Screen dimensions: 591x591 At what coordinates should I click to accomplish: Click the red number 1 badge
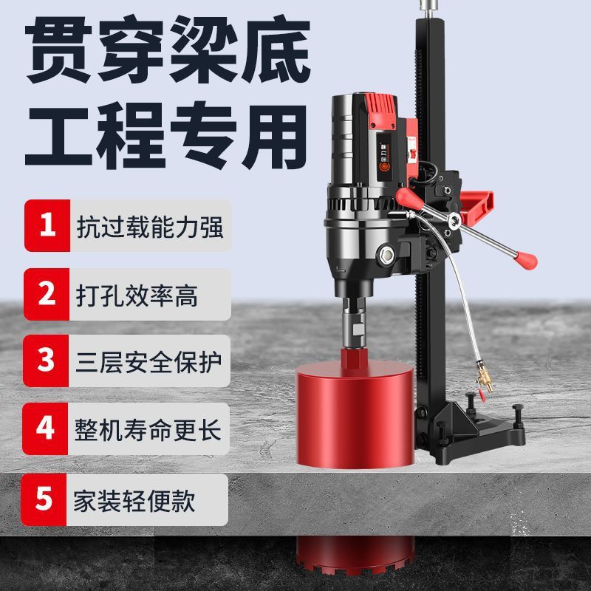pyautogui.click(x=47, y=225)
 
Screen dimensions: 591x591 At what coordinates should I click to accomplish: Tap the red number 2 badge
pyautogui.click(x=47, y=294)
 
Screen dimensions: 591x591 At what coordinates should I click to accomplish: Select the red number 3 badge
pyautogui.click(x=46, y=361)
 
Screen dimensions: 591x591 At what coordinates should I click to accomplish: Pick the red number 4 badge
pyautogui.click(x=45, y=428)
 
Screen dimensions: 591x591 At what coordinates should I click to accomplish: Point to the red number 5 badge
pyautogui.click(x=44, y=499)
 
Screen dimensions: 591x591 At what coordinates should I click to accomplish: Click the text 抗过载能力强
pyautogui.click(x=150, y=227)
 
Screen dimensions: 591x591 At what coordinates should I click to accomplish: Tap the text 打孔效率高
pyautogui.click(x=137, y=295)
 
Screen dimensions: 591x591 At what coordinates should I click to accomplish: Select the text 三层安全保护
pyautogui.click(x=148, y=362)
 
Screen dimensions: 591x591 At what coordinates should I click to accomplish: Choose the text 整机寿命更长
pyautogui.click(x=148, y=430)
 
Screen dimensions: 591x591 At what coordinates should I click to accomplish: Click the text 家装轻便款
pyautogui.click(x=134, y=501)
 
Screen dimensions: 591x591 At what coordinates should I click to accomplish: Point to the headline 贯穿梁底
pyautogui.click(x=168, y=49)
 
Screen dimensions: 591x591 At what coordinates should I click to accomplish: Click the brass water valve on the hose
pyautogui.click(x=485, y=378)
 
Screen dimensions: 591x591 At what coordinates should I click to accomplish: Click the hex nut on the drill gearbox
pyautogui.click(x=386, y=253)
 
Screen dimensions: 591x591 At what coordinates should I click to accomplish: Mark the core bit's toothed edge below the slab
pyautogui.click(x=355, y=564)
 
